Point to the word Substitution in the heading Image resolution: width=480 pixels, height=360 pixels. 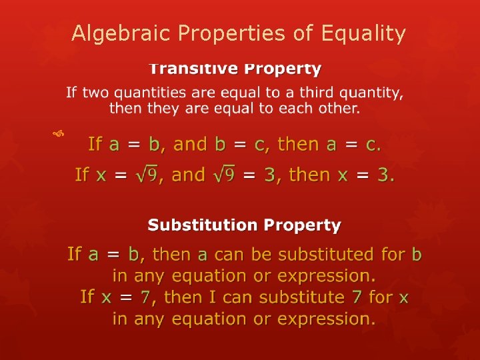tap(203, 225)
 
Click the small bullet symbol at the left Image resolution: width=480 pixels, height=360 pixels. tap(59, 135)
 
